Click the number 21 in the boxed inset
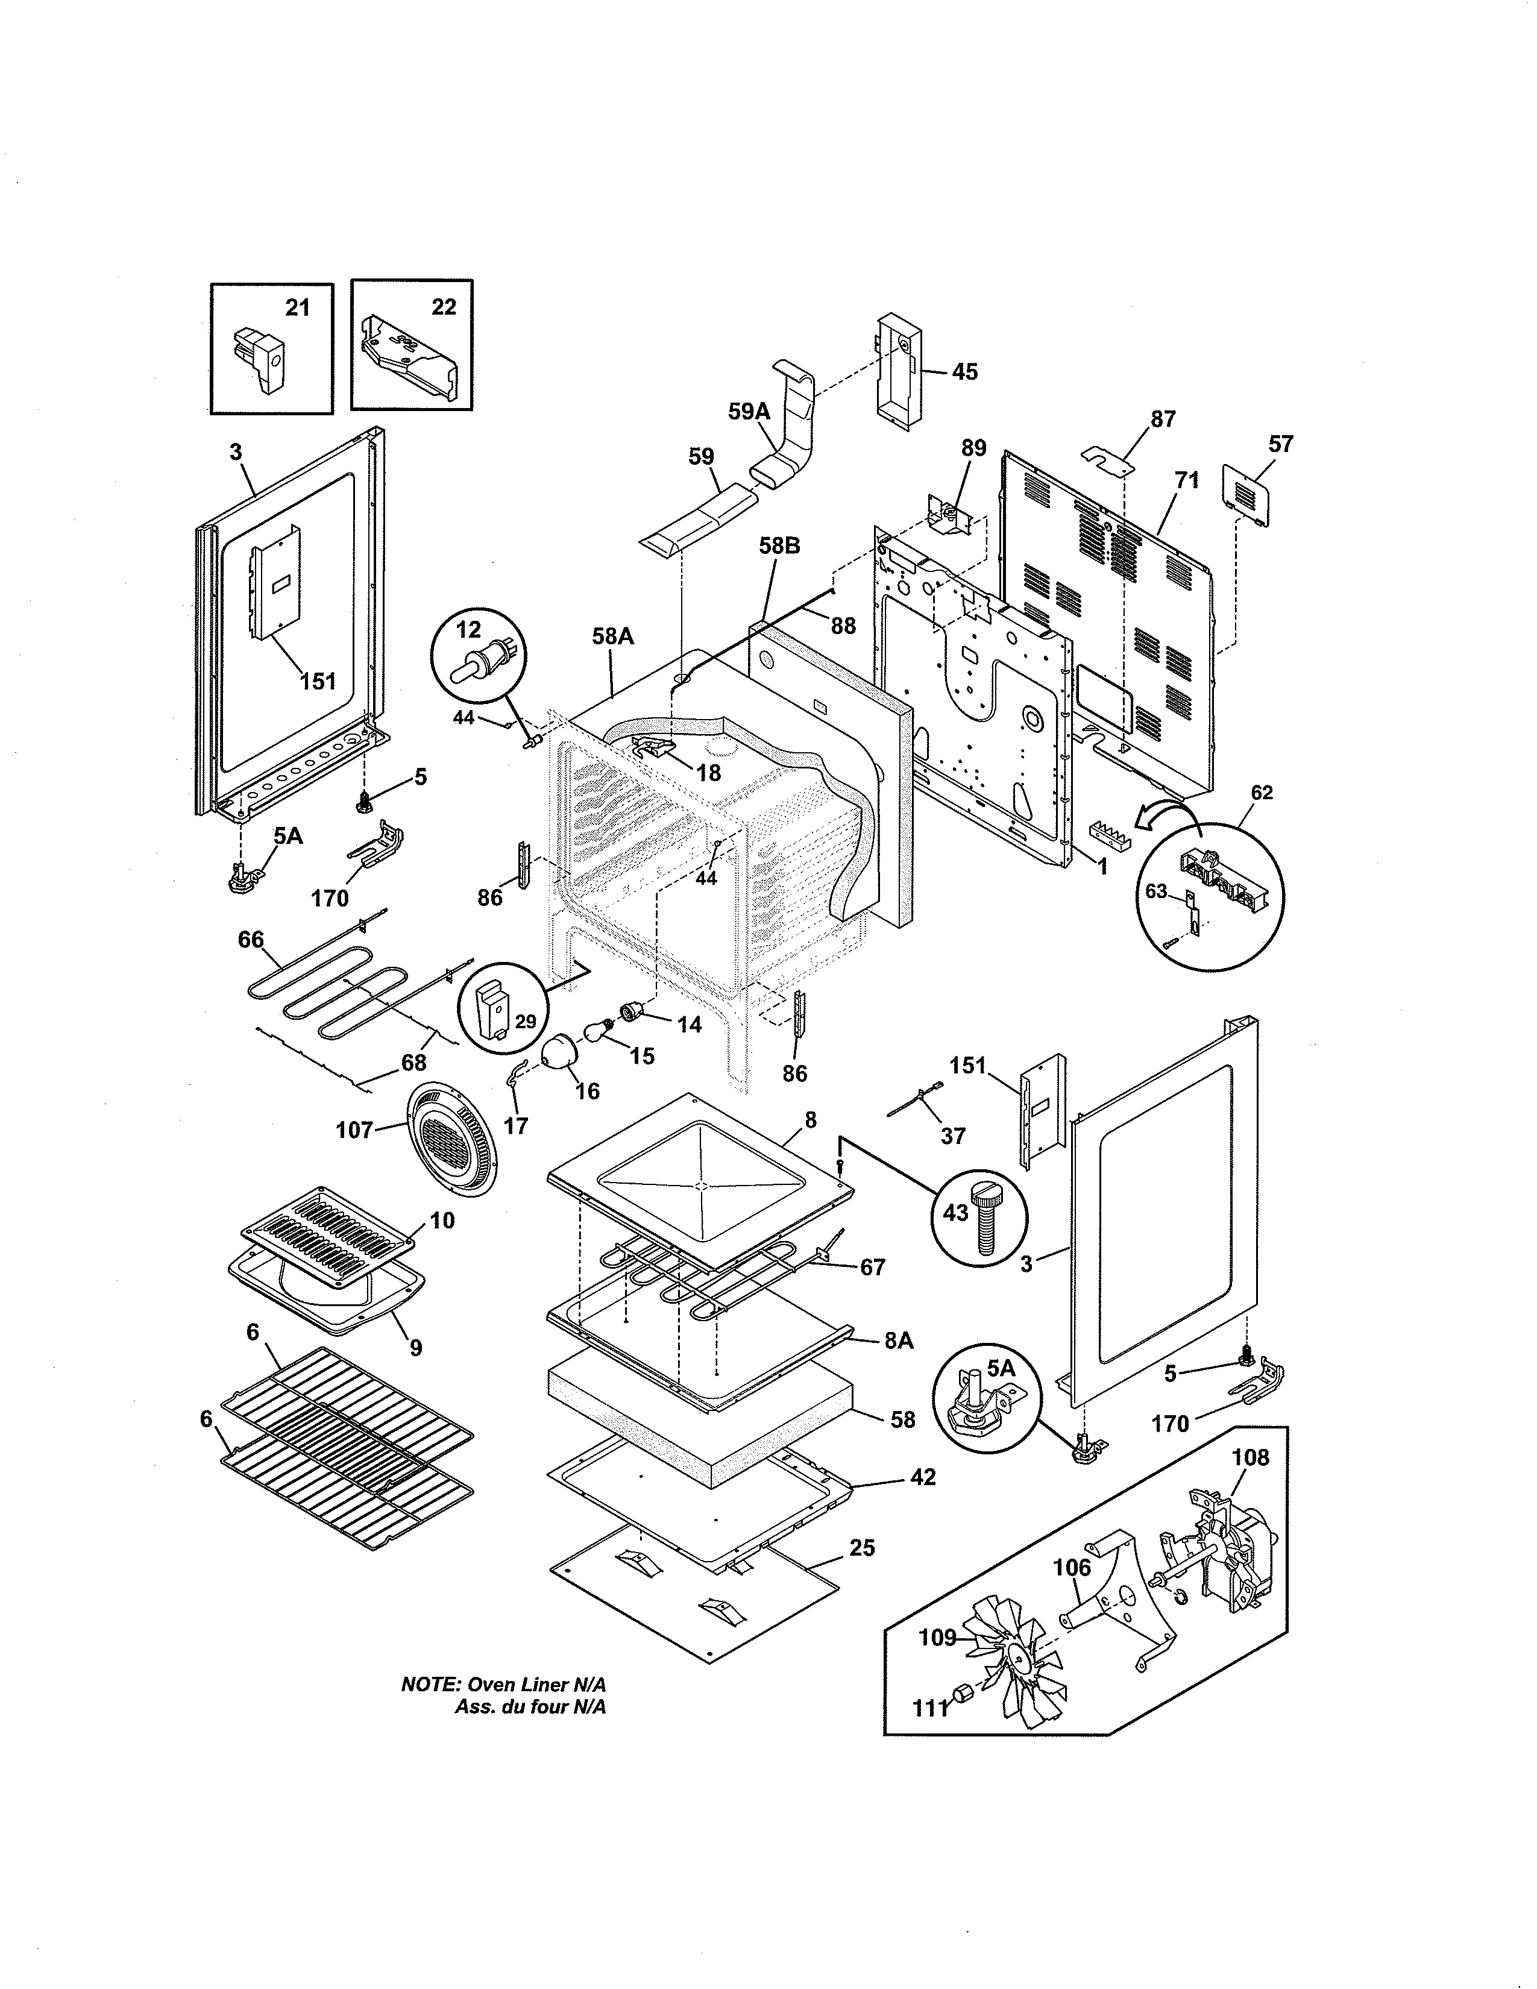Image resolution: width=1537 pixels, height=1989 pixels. (298, 308)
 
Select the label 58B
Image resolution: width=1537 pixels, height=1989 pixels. (779, 547)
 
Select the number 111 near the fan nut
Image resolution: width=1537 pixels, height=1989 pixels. (931, 1709)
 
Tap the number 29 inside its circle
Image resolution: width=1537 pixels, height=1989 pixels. (526, 1021)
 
